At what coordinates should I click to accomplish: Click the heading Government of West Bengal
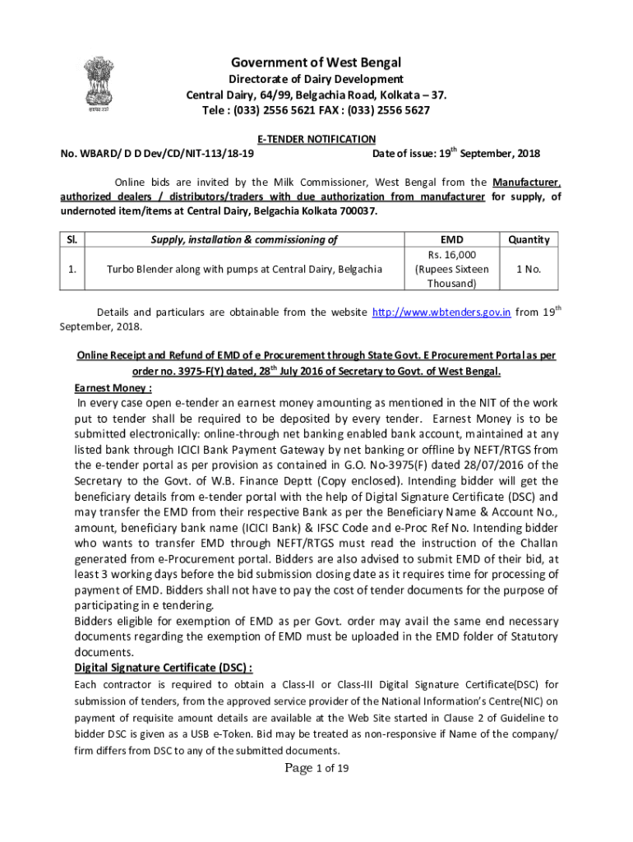(316, 62)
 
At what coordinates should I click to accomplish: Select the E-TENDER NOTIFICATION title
(316, 139)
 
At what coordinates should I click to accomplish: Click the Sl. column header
(72, 239)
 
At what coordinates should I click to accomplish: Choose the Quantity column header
(528, 239)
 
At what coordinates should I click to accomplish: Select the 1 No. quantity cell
(528, 269)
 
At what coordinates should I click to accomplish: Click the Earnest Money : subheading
(113, 387)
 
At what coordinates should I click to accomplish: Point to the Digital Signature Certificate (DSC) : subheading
(163, 667)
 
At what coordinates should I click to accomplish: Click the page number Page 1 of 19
(316, 768)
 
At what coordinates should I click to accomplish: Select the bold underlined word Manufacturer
(527, 182)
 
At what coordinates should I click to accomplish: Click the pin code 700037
(355, 211)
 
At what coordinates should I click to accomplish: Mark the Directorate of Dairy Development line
(316, 79)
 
